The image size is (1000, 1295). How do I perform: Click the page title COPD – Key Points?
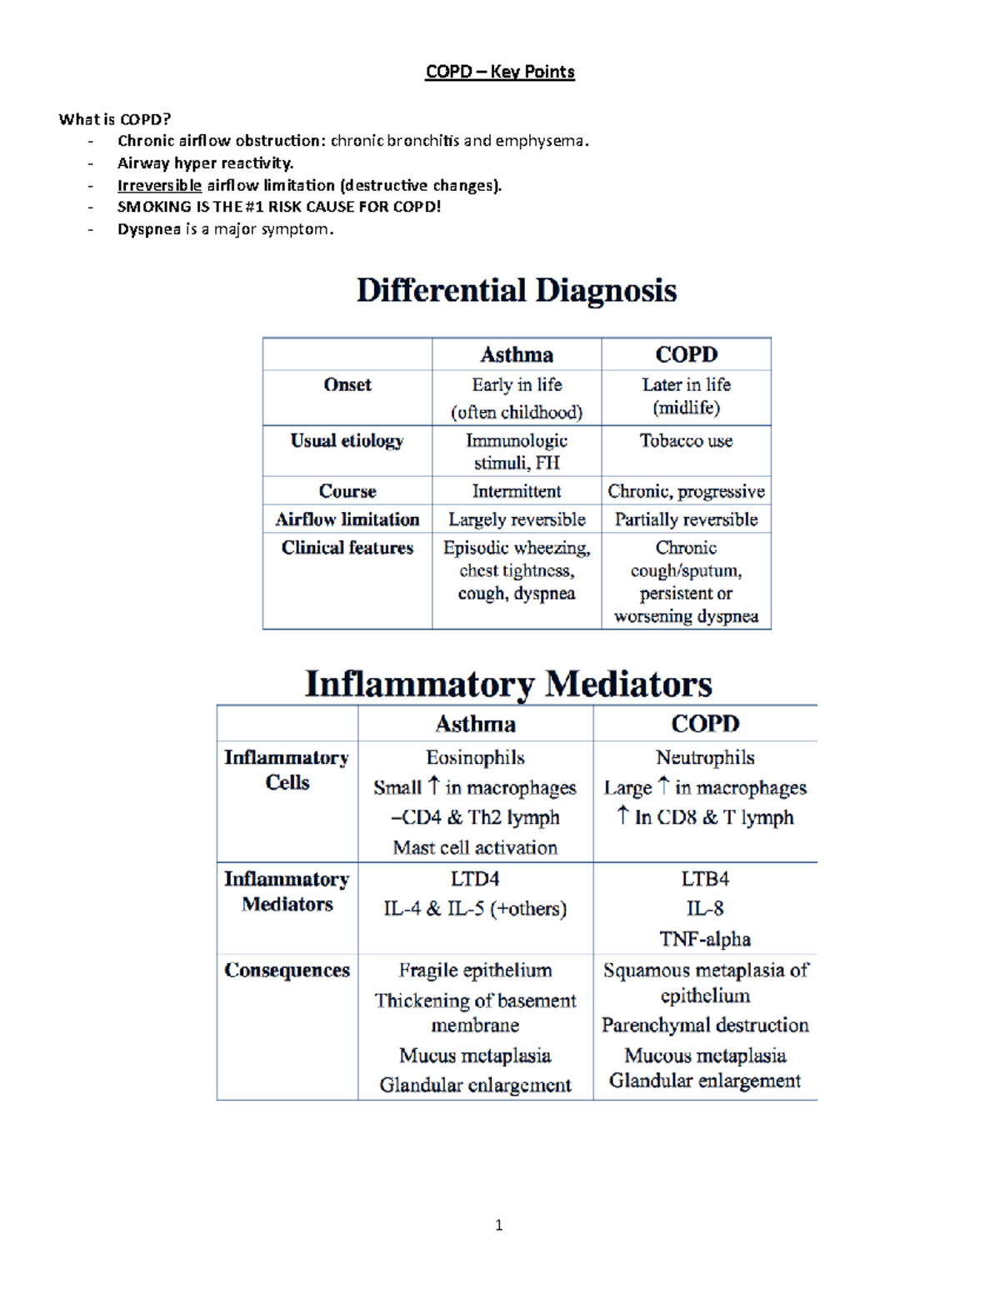click(x=499, y=72)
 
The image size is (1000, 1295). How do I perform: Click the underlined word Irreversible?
click(x=159, y=185)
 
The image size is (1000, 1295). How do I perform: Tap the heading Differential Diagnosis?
click(x=516, y=290)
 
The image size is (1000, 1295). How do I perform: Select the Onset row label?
click(x=347, y=385)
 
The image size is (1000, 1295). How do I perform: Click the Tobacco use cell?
click(x=686, y=441)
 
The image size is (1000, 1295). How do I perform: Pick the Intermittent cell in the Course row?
click(x=516, y=491)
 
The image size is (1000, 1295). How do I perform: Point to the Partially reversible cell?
click(x=686, y=520)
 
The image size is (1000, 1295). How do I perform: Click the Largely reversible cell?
click(x=516, y=520)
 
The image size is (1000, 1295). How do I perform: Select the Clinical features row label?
click(x=347, y=548)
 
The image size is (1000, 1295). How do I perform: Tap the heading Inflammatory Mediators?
click(x=508, y=684)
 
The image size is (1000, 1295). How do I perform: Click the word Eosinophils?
click(x=475, y=758)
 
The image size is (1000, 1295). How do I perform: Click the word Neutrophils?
click(x=705, y=758)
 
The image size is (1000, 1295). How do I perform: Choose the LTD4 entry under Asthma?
click(x=475, y=879)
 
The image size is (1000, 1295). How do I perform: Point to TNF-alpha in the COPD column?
click(x=705, y=939)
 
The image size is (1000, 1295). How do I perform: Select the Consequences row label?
click(x=287, y=971)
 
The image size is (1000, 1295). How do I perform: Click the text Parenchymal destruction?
click(x=705, y=1025)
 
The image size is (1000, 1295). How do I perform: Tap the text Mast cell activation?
click(x=475, y=848)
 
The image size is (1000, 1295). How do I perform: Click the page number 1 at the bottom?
click(x=498, y=1225)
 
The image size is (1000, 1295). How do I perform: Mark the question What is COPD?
click(x=114, y=119)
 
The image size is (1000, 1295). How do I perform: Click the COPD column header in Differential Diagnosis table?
click(x=686, y=354)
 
